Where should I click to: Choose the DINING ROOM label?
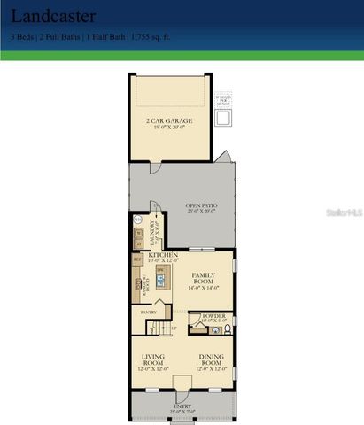(210, 359)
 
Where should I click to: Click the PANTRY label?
(148, 312)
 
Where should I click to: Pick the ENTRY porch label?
(182, 406)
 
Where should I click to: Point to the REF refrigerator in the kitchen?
(136, 261)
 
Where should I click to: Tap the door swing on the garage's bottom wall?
(158, 169)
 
